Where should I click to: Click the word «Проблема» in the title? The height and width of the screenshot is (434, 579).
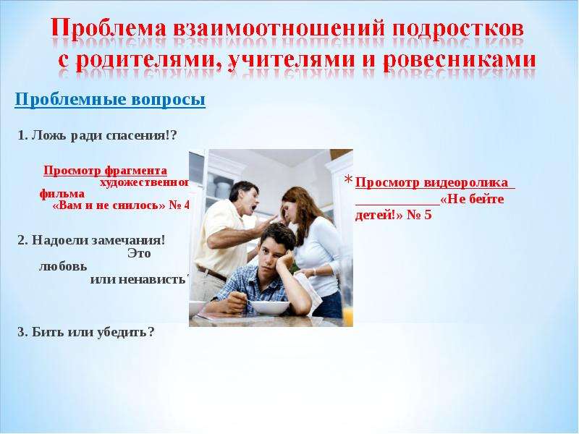point(109,28)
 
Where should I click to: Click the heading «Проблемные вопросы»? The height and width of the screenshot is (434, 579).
point(110,100)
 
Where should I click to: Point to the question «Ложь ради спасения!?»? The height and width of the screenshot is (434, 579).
point(98,136)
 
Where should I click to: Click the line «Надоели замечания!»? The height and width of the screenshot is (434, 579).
point(91,240)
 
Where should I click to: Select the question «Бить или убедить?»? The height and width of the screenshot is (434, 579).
point(85,332)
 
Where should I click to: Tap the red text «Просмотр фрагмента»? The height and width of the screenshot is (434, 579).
point(105,171)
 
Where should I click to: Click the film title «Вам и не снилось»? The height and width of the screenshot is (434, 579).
point(109,205)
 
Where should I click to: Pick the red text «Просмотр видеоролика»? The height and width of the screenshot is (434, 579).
point(431,183)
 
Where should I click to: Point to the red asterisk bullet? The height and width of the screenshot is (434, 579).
point(349,179)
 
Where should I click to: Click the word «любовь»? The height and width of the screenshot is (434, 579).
point(63,266)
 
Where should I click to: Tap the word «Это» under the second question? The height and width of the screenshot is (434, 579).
point(139,254)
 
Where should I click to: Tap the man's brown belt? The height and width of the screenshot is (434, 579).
point(211,273)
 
